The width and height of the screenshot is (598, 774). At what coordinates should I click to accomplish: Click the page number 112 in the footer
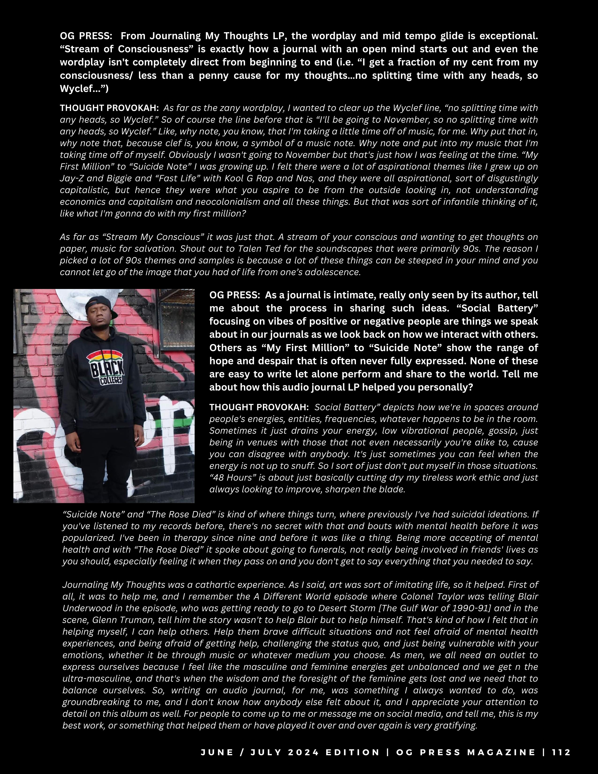pos(561,752)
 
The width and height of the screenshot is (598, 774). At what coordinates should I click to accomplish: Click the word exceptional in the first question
pos(508,36)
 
